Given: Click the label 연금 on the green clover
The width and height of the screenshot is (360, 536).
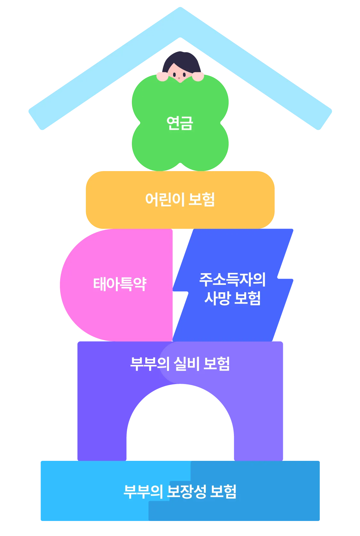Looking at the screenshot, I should point(180,123).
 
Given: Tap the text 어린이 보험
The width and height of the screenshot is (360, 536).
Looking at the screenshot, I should point(180,199).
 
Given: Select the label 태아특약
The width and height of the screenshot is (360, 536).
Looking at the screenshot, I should point(120,284).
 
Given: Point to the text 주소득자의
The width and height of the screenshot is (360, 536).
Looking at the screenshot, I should point(233,280).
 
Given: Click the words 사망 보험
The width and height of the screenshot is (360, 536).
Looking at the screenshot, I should point(233,298).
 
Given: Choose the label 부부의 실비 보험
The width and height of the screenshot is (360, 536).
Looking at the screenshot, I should point(180,364).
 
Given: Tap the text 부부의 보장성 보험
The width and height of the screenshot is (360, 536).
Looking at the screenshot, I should point(180,492).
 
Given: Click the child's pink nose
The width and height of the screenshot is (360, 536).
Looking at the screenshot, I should point(179,78).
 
